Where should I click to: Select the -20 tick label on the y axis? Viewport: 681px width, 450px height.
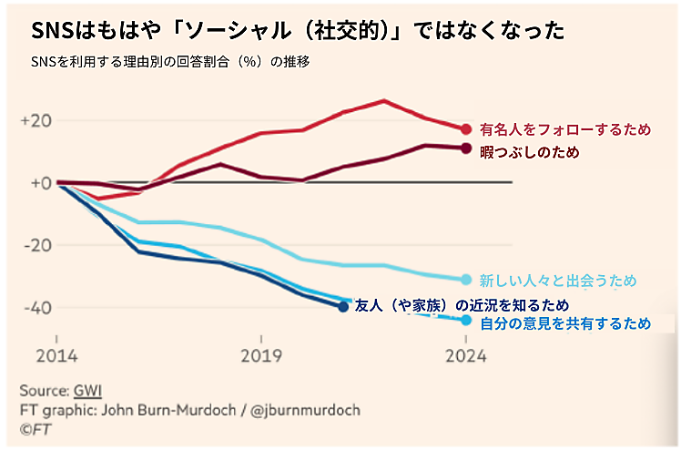click(x=36, y=245)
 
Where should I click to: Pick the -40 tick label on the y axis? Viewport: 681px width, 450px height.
click(x=36, y=307)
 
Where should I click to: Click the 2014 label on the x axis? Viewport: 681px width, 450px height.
click(x=56, y=354)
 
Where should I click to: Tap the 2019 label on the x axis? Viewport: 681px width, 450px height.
click(x=261, y=354)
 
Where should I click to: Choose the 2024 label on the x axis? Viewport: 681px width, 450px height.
click(x=465, y=354)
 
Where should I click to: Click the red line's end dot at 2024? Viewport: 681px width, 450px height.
click(x=466, y=129)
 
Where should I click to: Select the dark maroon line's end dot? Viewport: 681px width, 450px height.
click(x=466, y=148)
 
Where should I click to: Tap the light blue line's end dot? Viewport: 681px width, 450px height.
click(x=466, y=279)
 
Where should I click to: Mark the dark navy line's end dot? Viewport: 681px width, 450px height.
click(x=343, y=307)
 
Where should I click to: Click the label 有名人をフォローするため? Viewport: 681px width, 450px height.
click(x=565, y=129)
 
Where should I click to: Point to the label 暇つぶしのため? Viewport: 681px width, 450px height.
click(x=529, y=151)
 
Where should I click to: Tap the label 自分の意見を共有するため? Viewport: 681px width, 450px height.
click(x=565, y=322)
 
